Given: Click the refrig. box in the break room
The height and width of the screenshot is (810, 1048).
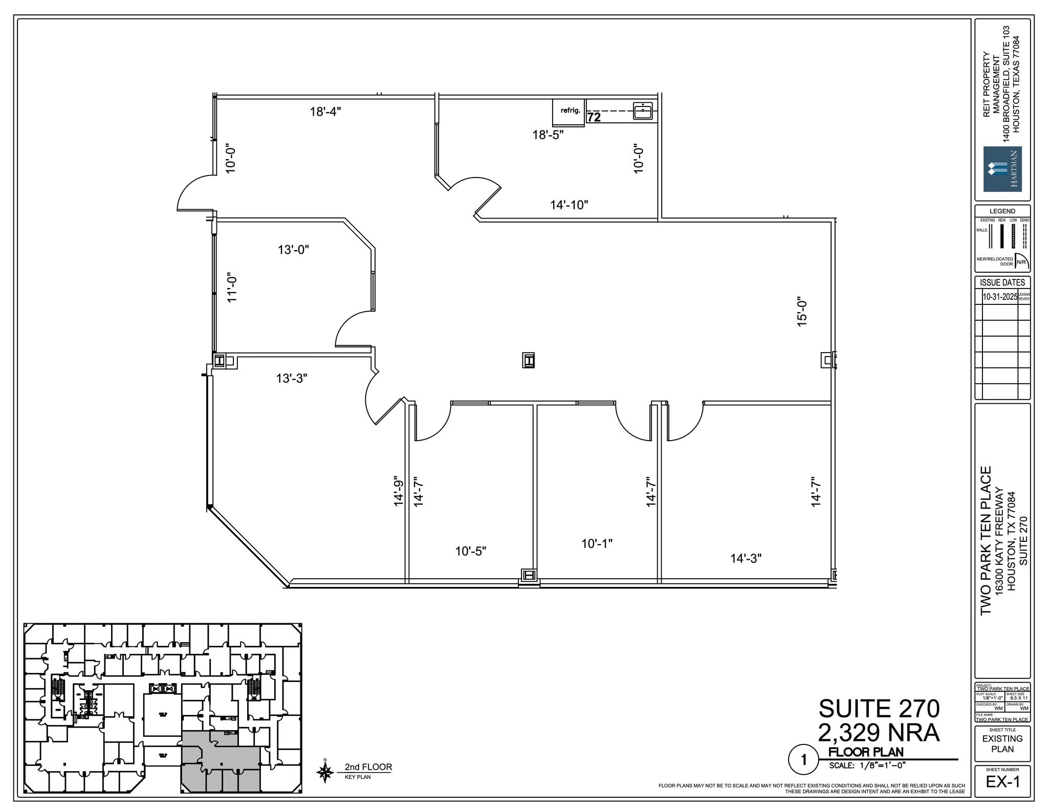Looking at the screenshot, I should click(x=569, y=112).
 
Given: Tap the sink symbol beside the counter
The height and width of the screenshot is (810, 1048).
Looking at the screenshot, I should click(x=642, y=111).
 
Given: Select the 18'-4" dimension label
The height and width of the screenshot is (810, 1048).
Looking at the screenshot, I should click(x=325, y=111).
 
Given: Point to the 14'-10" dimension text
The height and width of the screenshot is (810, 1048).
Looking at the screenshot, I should click(x=569, y=205).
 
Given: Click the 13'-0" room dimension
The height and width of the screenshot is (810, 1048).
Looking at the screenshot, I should click(x=293, y=250).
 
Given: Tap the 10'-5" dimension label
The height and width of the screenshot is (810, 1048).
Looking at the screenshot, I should click(x=471, y=551).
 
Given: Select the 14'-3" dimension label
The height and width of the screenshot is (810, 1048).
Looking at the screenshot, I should click(x=746, y=558).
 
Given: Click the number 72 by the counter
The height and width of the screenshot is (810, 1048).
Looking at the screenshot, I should click(x=594, y=117).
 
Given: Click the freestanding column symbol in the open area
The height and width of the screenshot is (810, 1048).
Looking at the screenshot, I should click(x=528, y=360).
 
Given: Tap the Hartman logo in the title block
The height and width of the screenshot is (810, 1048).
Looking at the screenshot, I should click(x=1002, y=169).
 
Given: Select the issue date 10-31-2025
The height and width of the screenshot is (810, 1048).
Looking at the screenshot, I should click(x=1000, y=297).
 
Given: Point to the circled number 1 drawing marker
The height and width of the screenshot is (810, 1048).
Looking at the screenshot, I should click(x=803, y=760).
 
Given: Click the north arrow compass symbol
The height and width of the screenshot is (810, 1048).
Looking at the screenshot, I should click(x=324, y=771).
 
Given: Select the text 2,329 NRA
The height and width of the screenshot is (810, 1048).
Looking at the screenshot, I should click(x=879, y=733).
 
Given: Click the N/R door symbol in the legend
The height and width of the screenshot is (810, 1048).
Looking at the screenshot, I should click(x=1021, y=260).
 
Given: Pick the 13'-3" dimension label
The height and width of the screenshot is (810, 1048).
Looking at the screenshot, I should click(x=292, y=378).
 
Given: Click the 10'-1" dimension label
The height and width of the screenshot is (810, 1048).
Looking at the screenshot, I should click(x=597, y=543).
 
